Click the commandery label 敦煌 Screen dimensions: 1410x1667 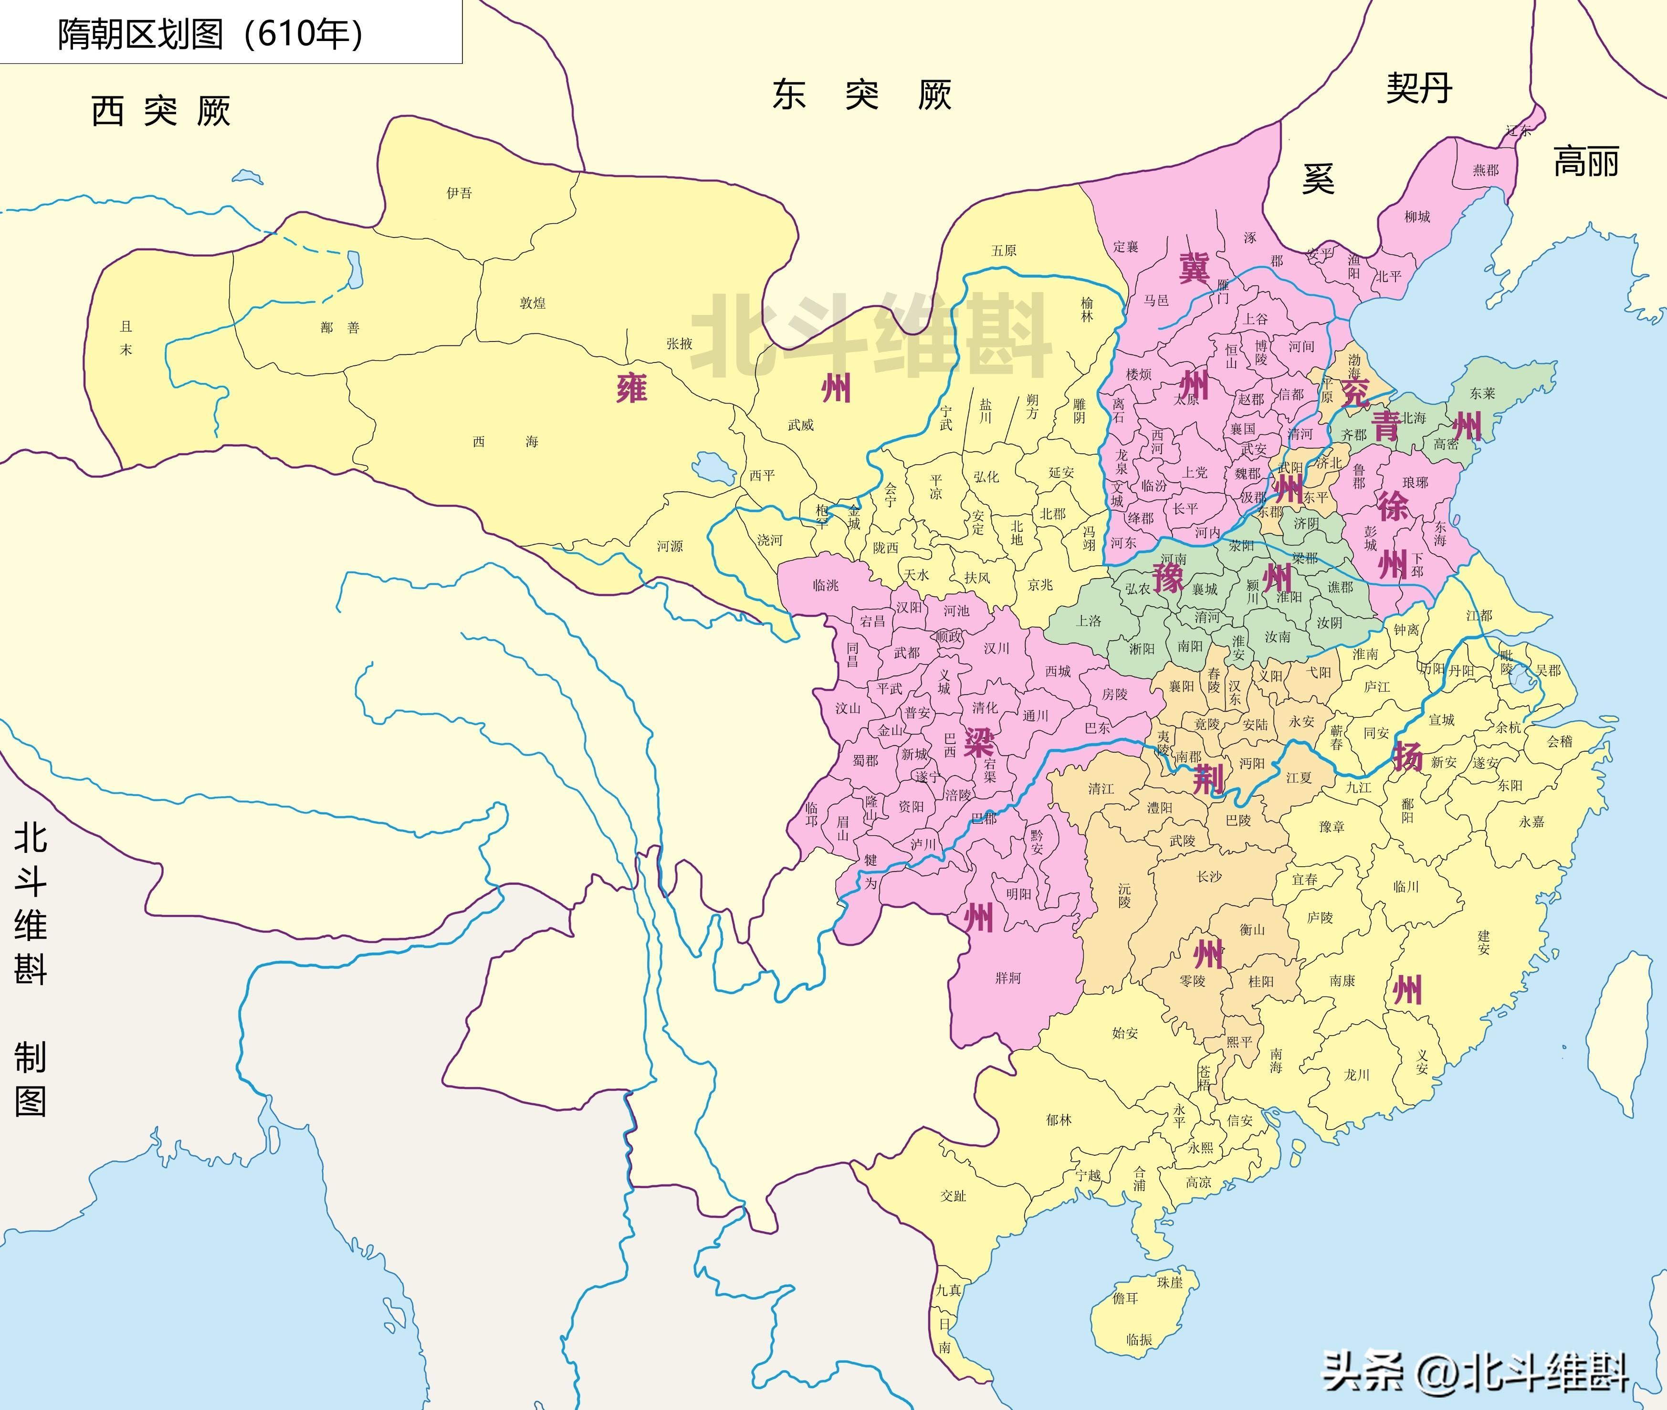click(533, 303)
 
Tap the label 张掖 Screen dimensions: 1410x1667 click(680, 344)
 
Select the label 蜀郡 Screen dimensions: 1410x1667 click(865, 760)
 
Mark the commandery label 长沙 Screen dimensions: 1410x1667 click(1209, 877)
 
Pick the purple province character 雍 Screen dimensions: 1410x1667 click(631, 388)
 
